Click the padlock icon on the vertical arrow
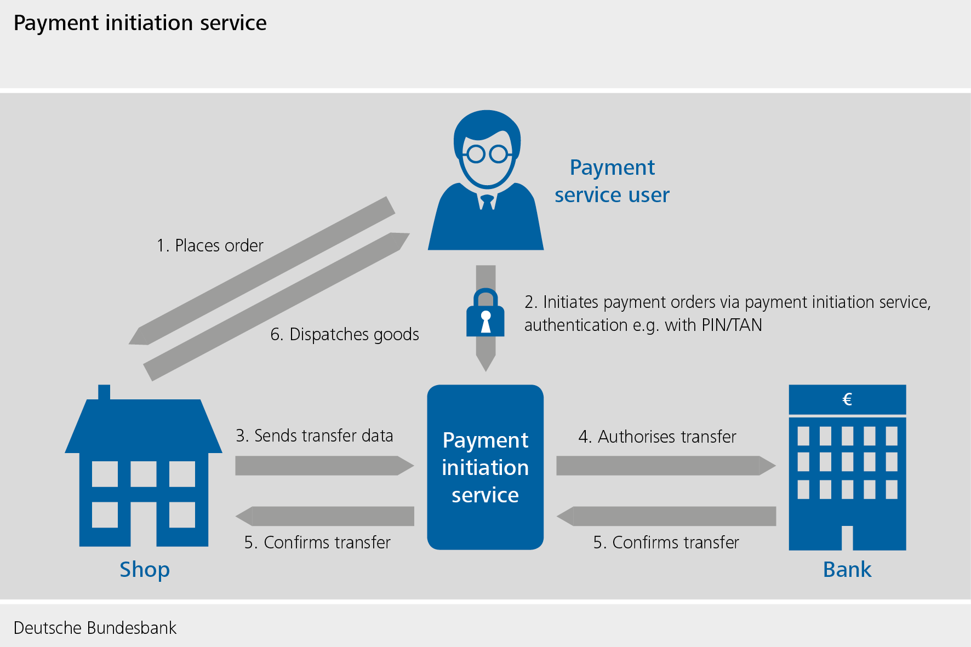485,314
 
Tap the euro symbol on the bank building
847,399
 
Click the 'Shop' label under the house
145,570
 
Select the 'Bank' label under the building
847,570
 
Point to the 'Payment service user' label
612,181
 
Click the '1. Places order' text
210,245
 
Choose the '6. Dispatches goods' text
345,334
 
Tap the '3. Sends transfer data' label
315,436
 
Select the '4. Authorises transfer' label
657,437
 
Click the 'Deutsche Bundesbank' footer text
95,628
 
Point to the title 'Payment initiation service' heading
140,23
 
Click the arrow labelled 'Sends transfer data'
323,466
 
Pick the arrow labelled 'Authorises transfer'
665,466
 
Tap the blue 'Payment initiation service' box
485,467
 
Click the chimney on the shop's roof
104,392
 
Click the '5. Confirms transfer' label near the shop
317,542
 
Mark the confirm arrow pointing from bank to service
666,516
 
